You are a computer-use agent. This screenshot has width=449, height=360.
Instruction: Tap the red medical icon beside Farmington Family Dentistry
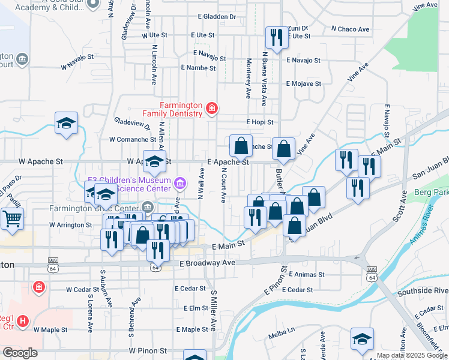pos(211,109)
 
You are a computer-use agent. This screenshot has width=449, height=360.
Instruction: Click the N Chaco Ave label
pos(350,29)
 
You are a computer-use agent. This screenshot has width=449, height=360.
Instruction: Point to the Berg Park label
pos(432,193)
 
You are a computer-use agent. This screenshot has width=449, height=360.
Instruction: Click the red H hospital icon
pos(23,322)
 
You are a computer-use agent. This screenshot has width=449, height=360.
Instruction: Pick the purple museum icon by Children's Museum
pos(178,182)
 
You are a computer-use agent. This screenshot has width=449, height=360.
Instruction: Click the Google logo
pos(20,353)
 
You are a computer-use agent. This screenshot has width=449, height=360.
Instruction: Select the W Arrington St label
pos(70,225)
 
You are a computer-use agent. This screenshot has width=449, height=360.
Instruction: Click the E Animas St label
pos(306,274)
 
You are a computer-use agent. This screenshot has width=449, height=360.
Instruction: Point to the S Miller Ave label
pos(212,311)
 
